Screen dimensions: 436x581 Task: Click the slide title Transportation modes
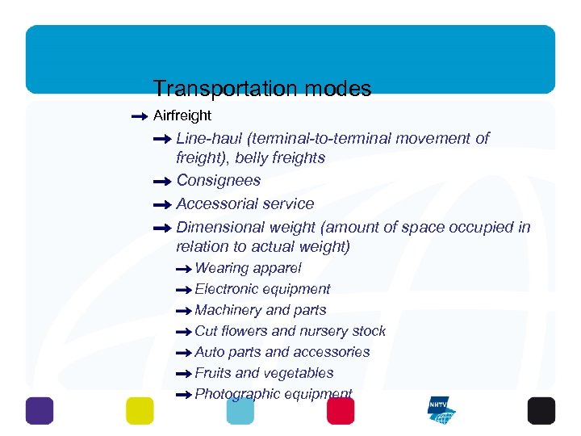coord(262,88)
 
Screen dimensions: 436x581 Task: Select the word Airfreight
coord(182,115)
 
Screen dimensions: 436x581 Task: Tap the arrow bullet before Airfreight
coord(138,116)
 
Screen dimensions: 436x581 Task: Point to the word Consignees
coord(218,180)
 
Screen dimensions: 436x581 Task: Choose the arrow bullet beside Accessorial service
coord(161,205)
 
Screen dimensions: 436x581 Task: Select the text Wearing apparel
coord(248,267)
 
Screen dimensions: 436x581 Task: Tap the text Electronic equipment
coord(262,288)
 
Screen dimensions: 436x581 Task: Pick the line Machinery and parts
coord(261,309)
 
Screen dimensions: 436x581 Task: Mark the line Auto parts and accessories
coord(282,351)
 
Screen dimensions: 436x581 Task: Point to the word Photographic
coord(234,393)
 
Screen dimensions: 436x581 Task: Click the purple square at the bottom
coord(40,410)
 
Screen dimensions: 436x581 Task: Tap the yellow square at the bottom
coord(140,410)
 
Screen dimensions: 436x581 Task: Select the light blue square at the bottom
coord(240,410)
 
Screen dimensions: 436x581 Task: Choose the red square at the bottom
coord(341,410)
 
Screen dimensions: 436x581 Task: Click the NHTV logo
coord(441,410)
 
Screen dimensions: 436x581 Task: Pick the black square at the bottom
coord(541,410)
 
